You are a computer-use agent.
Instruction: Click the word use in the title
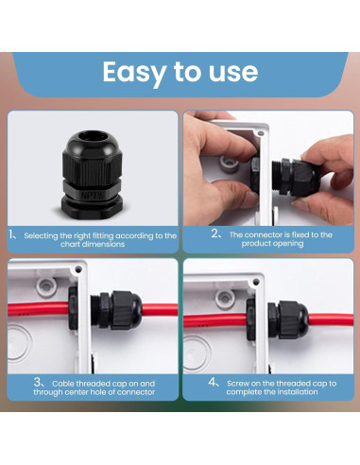tap(230, 73)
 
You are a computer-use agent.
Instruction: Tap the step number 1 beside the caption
tap(11, 233)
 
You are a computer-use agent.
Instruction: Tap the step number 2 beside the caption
tap(215, 233)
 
